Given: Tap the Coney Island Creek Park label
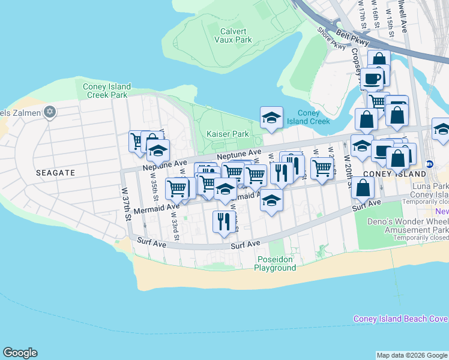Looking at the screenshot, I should pyautogui.click(x=106, y=91).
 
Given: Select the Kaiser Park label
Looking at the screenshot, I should pyautogui.click(x=228, y=134).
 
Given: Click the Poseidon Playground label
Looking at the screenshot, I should pyautogui.click(x=276, y=263).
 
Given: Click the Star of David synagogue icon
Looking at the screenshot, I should pyautogui.click(x=50, y=112).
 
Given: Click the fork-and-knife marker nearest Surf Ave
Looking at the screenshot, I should pyautogui.click(x=221, y=221).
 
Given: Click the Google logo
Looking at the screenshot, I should pyautogui.click(x=20, y=353).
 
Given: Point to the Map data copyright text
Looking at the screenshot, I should pyautogui.click(x=412, y=355).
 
